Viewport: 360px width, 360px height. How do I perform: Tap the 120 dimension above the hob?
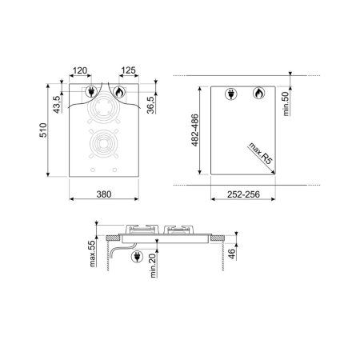click(x=101, y=71)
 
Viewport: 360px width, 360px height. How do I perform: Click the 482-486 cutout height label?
click(x=196, y=134)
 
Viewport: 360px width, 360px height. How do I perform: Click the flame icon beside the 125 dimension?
click(x=120, y=92)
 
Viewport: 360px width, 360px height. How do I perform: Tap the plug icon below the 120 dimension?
click(x=90, y=92)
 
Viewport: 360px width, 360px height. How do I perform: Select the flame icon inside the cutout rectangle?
click(x=258, y=94)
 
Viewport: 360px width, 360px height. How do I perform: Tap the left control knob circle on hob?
click(x=94, y=170)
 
